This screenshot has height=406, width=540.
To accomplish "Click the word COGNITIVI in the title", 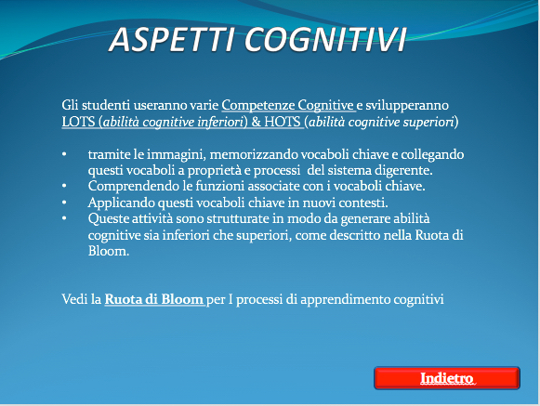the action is pos(326,40).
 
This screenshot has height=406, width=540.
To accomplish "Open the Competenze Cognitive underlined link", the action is pos(288,105).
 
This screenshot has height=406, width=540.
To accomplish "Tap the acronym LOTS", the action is pos(78,122).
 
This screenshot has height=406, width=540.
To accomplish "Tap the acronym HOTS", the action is pos(283,122).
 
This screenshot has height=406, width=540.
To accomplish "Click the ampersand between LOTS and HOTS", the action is pos(256,122).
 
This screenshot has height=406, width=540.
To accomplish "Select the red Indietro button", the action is pos(447,378).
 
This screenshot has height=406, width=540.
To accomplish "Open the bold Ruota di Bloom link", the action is pos(154,299).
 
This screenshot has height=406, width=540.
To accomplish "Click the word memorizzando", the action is pos(254,154).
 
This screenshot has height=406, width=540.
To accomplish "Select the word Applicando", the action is pos(121,203).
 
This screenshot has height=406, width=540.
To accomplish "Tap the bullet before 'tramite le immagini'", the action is pos(64,154).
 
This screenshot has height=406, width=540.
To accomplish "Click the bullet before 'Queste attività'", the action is pos(64,218).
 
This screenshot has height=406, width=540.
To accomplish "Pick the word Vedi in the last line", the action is pos(74,299).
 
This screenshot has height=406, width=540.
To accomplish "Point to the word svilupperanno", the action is pos(407,105).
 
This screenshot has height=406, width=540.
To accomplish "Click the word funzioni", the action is pos(219,187).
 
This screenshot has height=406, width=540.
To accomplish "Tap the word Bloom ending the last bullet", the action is pos(109,251).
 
